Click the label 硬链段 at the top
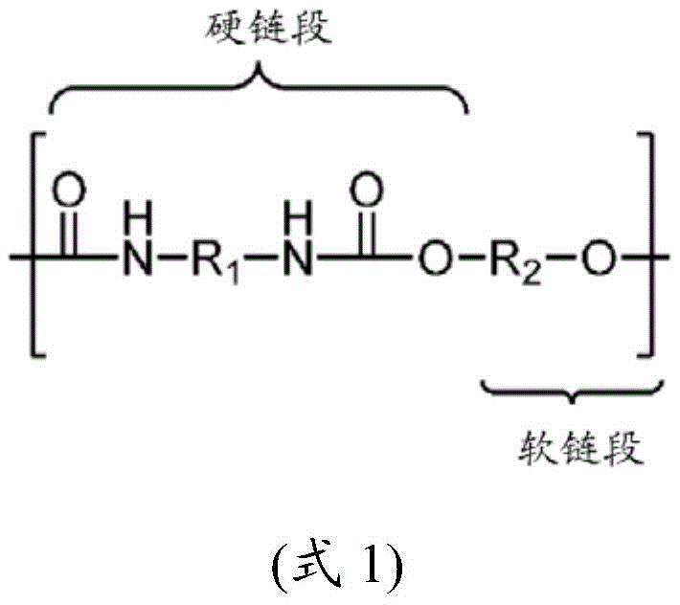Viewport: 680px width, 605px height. click(268, 29)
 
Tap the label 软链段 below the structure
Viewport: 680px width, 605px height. click(580, 448)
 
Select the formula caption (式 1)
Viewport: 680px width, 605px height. click(337, 567)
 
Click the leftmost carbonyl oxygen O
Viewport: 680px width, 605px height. click(69, 190)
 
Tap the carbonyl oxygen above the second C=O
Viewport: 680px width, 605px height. click(367, 190)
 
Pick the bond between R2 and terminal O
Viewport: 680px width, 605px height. click(562, 258)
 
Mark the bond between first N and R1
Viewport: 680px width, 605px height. click(172, 258)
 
